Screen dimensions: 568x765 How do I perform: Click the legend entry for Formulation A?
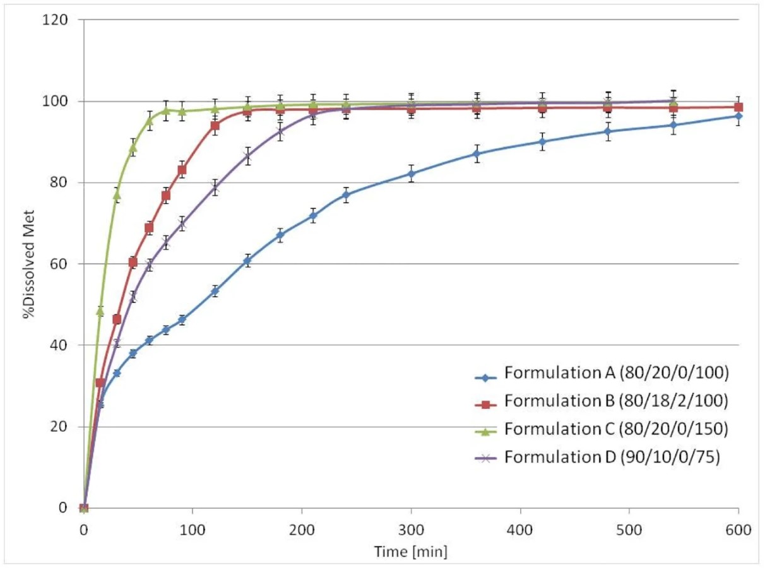pyautogui.click(x=616, y=374)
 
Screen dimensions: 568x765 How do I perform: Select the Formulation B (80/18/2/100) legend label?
pyautogui.click(x=616, y=401)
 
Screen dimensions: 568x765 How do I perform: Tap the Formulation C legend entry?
pyautogui.click(x=616, y=429)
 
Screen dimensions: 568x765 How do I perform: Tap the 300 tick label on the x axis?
pyautogui.click(x=411, y=530)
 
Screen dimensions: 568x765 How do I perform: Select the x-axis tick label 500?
pyautogui.click(x=629, y=530)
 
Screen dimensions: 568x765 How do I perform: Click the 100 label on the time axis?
pyautogui.click(x=193, y=530)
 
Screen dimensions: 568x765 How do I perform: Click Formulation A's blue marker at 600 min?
pyautogui.click(x=738, y=116)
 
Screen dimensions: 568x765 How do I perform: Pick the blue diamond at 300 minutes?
pyautogui.click(x=412, y=174)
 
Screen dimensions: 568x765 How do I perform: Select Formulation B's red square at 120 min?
pyautogui.click(x=215, y=126)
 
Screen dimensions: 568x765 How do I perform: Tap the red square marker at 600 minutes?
pyautogui.click(x=738, y=107)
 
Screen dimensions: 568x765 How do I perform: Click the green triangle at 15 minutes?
pyautogui.click(x=100, y=311)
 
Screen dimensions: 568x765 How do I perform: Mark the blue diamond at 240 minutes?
pyautogui.click(x=346, y=194)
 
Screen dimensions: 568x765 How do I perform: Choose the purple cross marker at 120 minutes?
pyautogui.click(x=215, y=187)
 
